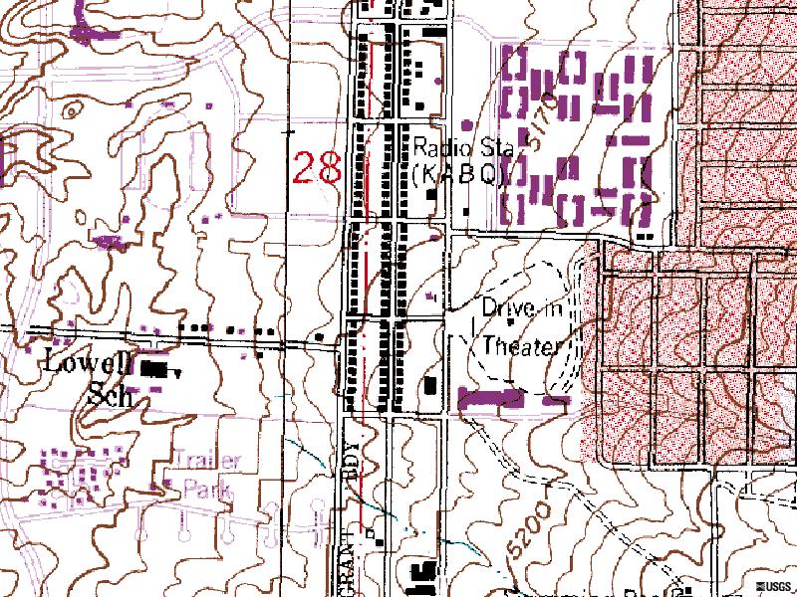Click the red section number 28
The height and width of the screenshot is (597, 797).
[x=318, y=167]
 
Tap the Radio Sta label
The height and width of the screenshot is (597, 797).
[x=464, y=149]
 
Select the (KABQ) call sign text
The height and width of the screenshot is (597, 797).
[x=459, y=175]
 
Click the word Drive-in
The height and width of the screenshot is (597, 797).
[x=521, y=309]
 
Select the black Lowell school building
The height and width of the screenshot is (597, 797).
[x=153, y=368]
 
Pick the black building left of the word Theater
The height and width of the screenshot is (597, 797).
[x=431, y=385]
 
